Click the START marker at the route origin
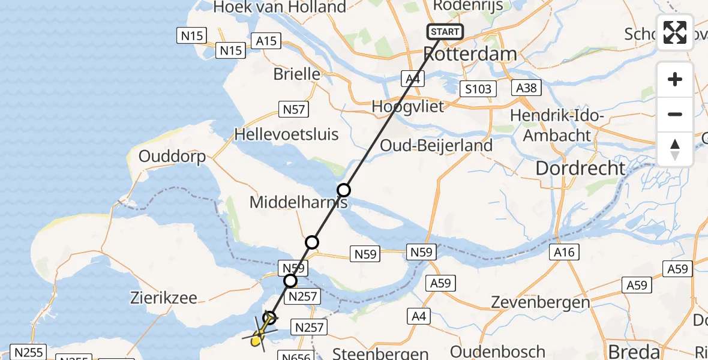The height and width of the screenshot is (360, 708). [445, 31]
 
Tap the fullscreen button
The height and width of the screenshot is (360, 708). [675, 32]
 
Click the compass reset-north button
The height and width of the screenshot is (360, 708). [675, 149]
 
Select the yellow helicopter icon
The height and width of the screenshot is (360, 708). [258, 338]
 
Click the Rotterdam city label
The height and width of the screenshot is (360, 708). [470, 54]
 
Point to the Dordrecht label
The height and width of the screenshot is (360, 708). [580, 168]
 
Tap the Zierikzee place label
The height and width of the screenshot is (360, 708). [163, 298]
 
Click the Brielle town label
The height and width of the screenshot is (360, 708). [296, 74]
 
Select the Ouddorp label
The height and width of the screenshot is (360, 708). [172, 157]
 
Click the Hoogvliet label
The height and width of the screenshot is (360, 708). [407, 107]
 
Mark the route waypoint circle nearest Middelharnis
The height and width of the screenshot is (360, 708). [343, 190]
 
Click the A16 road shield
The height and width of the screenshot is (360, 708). [564, 253]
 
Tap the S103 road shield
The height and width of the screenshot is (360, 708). [478, 89]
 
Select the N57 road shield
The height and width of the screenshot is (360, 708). [293, 109]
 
